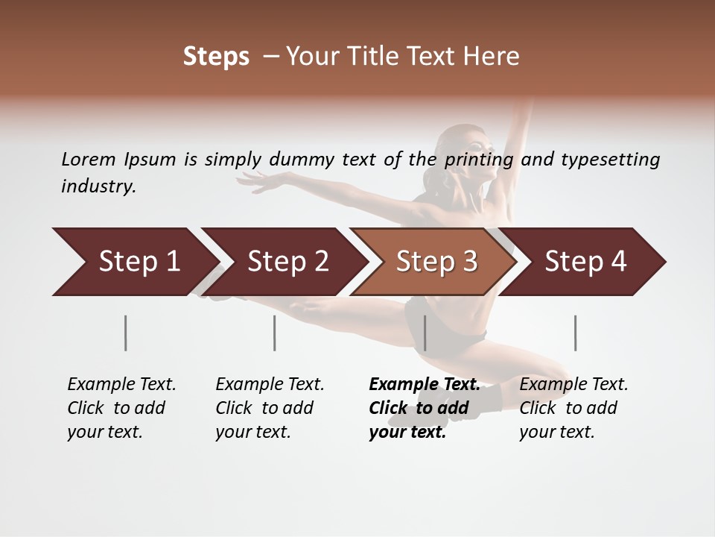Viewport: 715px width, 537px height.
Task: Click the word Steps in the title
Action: [x=216, y=56]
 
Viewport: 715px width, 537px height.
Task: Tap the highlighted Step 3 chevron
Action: [x=436, y=261]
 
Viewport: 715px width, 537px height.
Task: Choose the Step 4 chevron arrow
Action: [x=585, y=261]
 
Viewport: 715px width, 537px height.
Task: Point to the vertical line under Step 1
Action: [x=125, y=333]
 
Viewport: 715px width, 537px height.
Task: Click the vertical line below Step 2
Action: [x=274, y=333]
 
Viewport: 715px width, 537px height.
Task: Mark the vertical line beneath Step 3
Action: [x=425, y=333]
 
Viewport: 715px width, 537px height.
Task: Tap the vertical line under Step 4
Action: [x=575, y=333]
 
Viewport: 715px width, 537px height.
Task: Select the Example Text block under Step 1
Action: [x=121, y=408]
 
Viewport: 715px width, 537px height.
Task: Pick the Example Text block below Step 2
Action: [x=270, y=408]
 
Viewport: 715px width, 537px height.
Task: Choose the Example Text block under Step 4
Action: [x=573, y=408]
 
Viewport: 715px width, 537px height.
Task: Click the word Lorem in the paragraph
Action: [x=88, y=159]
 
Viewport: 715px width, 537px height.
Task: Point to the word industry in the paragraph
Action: [x=98, y=186]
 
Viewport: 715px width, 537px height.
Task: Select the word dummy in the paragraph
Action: [x=302, y=160]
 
